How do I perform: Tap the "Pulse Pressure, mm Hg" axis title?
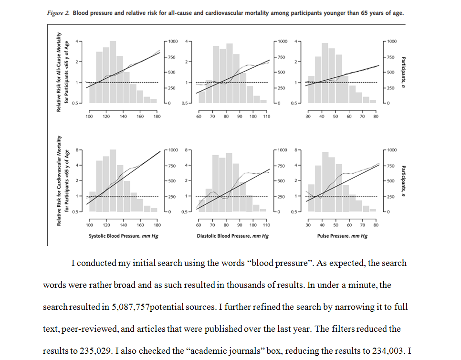click(342, 236)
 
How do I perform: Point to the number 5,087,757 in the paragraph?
click(130, 307)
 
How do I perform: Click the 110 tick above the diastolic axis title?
click(266, 225)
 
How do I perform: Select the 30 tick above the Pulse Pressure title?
click(308, 225)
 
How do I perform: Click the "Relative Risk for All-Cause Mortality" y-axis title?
click(60, 72)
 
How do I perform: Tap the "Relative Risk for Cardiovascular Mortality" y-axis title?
click(60, 180)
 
